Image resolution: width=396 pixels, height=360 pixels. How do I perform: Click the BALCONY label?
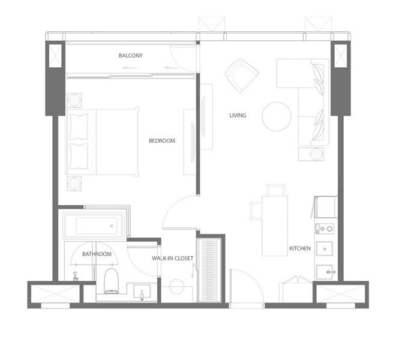point(131,55)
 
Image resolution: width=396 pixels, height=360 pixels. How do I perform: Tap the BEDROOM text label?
point(162,141)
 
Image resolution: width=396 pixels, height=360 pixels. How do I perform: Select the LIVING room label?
point(238,115)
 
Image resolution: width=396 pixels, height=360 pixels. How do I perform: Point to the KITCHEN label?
point(300,248)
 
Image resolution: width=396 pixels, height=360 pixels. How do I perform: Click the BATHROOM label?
point(97,254)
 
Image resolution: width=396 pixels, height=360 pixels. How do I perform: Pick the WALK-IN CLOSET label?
point(172,258)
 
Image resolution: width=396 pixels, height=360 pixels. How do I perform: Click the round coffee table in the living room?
point(277,116)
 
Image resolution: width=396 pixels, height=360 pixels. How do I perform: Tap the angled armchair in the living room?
point(242,76)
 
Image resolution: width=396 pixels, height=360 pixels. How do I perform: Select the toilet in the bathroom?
point(111,281)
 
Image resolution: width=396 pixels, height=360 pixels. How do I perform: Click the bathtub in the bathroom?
point(94,226)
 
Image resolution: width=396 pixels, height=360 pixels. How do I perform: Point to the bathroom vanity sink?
point(142,291)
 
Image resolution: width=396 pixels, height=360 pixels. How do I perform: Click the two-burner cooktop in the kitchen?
point(325,229)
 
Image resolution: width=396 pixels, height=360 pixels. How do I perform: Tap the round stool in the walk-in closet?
point(177,286)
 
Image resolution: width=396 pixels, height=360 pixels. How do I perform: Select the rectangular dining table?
point(275,226)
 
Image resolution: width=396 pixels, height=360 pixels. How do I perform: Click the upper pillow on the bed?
point(79,127)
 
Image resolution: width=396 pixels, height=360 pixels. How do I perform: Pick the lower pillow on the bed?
point(79,156)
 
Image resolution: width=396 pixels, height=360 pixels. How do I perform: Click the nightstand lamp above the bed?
point(74,100)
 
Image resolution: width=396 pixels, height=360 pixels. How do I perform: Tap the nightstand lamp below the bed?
point(74,183)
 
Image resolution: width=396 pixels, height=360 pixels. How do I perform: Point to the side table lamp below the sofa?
point(316,154)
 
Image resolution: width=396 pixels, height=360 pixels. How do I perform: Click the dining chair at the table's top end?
point(276,190)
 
